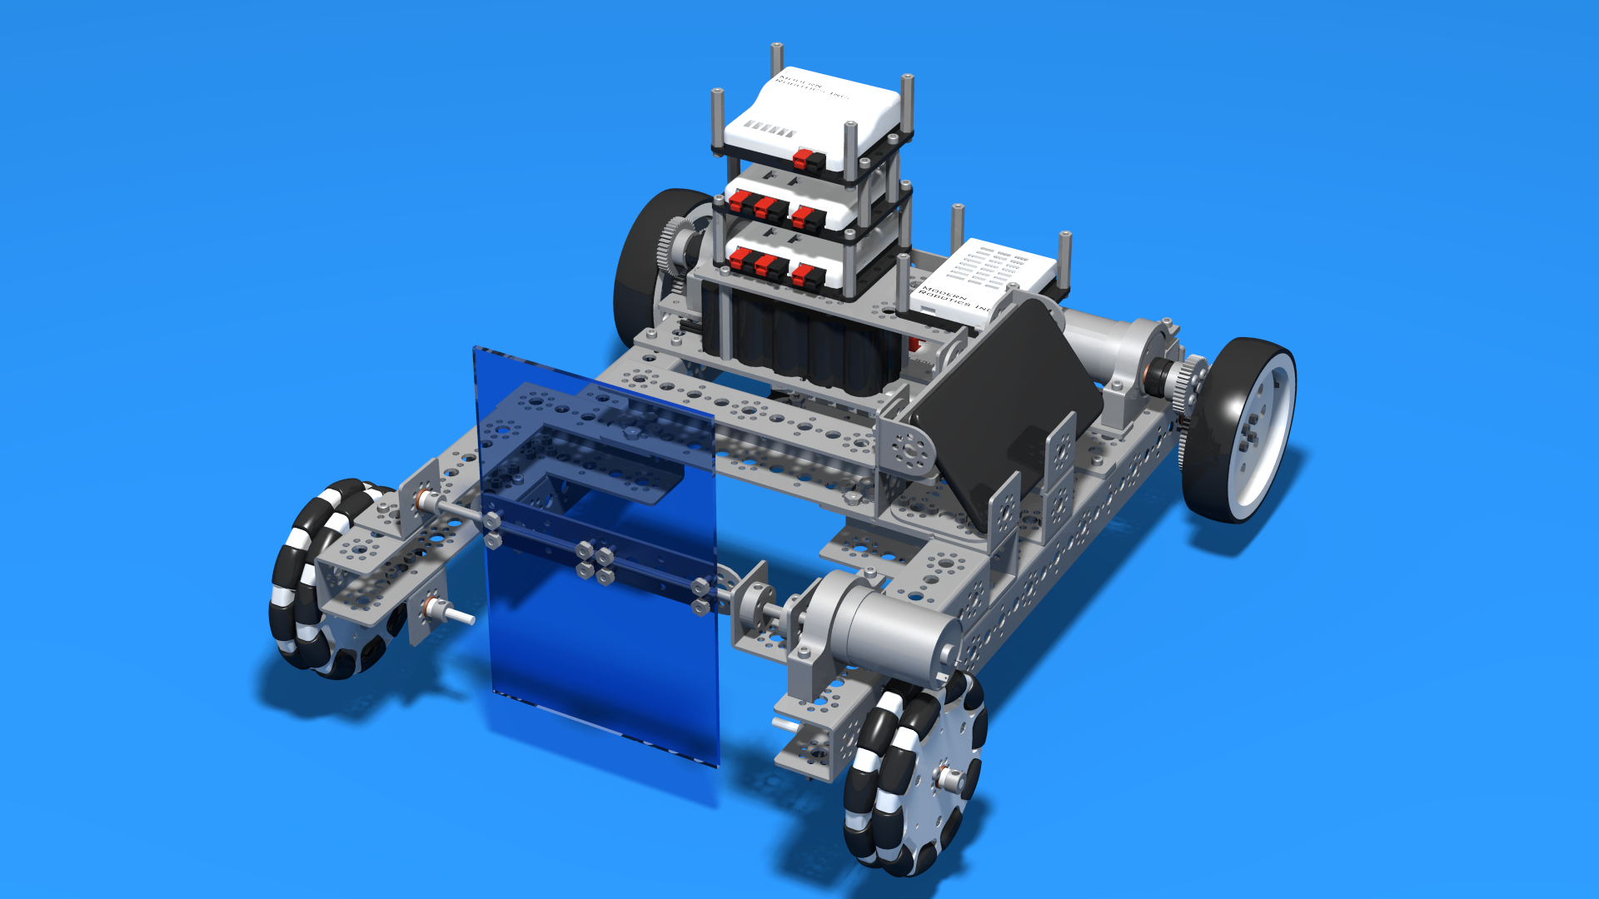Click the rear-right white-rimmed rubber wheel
[x=1241, y=429]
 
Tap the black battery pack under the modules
[x=799, y=341]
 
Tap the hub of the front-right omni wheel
[x=948, y=778]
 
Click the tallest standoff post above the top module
[x=776, y=58]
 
